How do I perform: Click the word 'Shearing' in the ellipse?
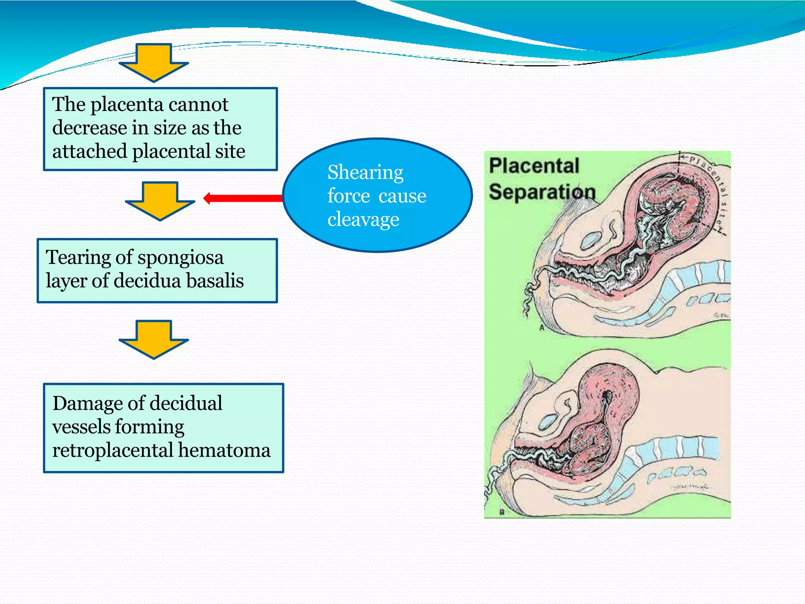(365, 173)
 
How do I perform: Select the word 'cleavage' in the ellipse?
(363, 219)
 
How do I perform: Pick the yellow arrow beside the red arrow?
(160, 201)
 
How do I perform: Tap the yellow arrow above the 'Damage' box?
(154, 339)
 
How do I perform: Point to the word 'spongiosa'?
(180, 258)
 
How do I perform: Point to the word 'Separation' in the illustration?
(542, 192)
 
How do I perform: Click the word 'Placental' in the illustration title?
(534, 166)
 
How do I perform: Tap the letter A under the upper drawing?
(541, 328)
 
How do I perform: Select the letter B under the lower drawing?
(502, 512)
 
